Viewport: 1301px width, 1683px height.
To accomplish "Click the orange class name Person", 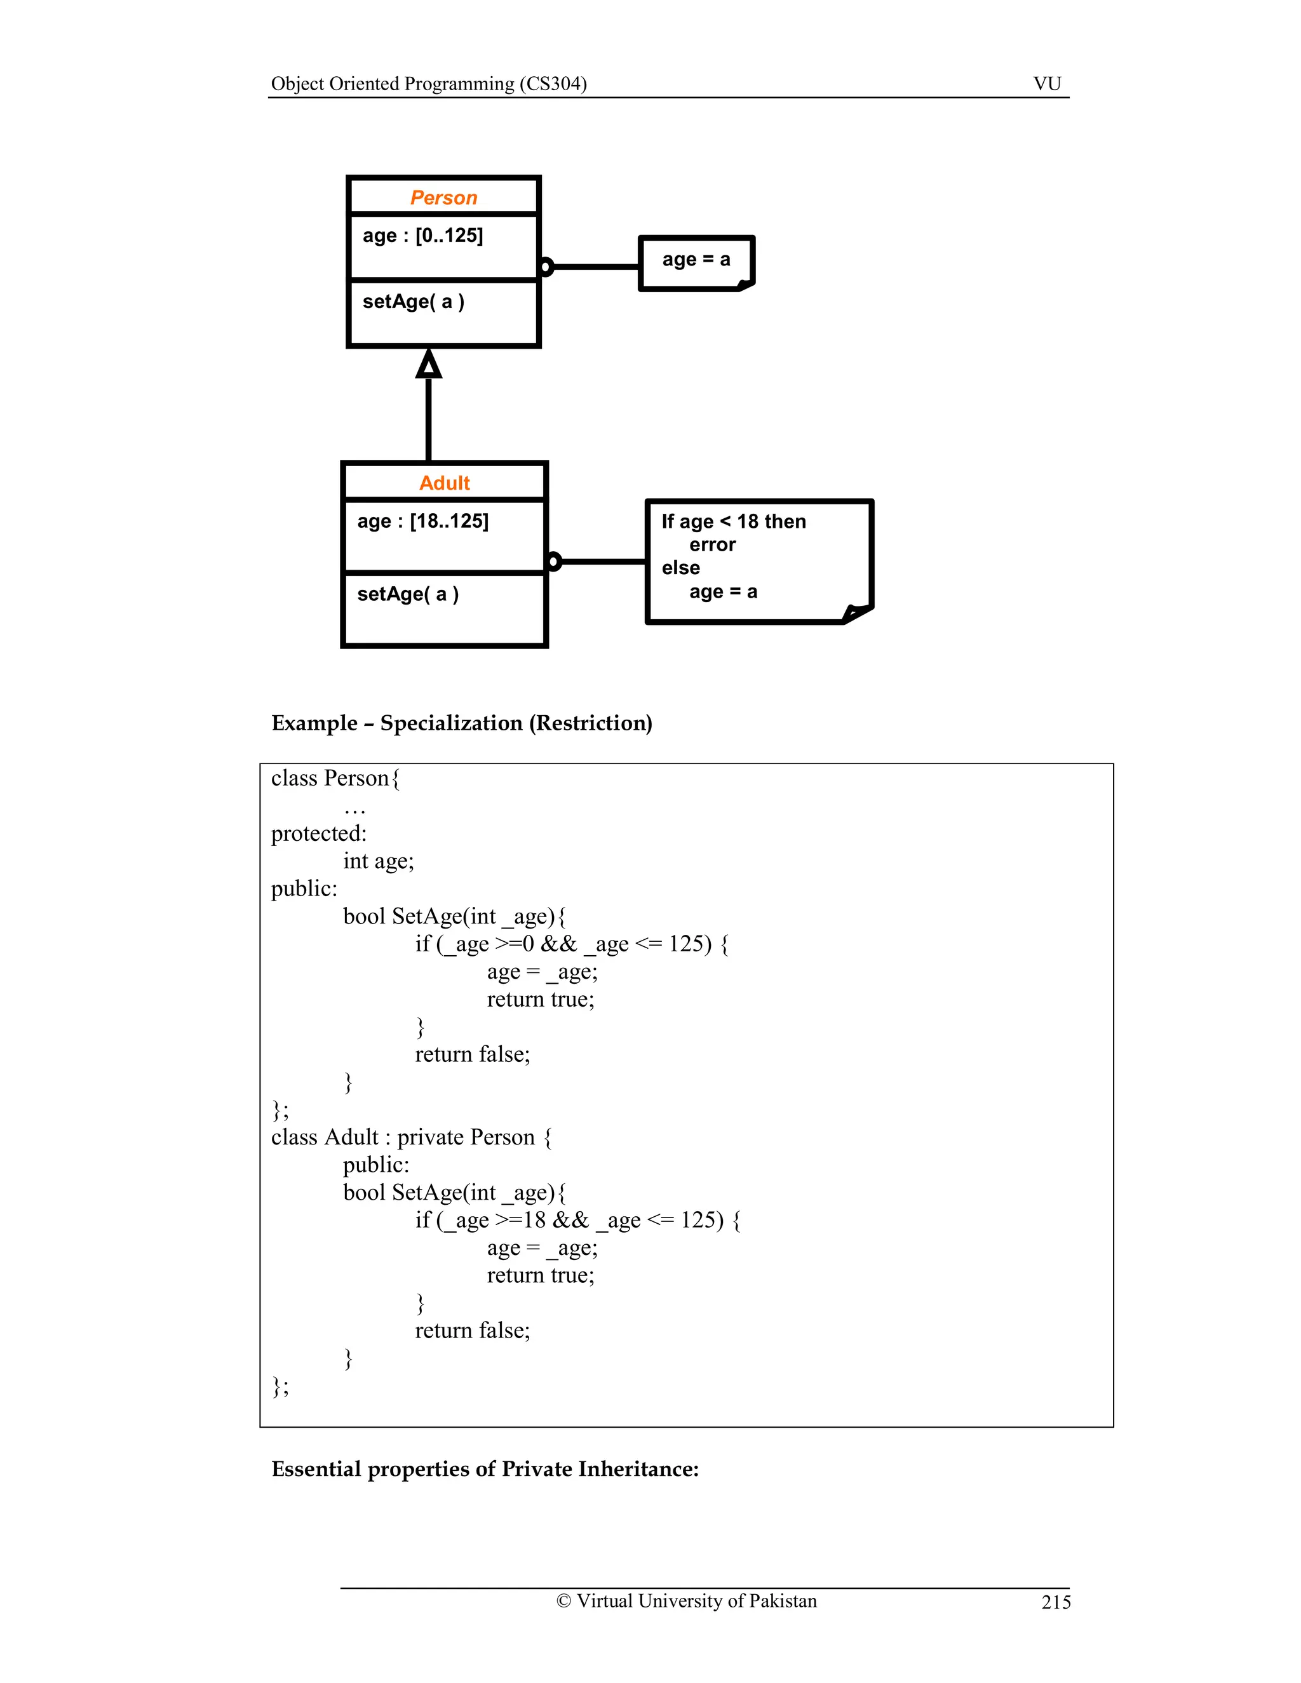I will click(x=443, y=198).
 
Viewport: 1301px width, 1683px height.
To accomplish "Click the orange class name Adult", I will click(x=444, y=483).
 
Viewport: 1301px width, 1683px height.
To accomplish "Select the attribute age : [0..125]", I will click(x=422, y=236).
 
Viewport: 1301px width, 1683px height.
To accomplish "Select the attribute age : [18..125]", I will click(x=422, y=521).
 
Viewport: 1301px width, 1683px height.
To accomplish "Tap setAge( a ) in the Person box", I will click(x=413, y=302).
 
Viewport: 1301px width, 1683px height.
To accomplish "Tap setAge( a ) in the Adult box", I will click(x=408, y=594).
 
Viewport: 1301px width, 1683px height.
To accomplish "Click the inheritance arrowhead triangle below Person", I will click(x=429, y=364).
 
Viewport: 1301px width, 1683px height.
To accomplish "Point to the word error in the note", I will click(x=712, y=545).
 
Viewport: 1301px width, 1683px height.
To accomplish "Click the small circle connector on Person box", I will click(x=546, y=267).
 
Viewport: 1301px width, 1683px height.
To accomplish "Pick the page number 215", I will click(x=1055, y=1602).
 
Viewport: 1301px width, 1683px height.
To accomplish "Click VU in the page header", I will click(x=1047, y=83).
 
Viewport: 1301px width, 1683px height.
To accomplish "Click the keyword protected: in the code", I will click(x=318, y=833).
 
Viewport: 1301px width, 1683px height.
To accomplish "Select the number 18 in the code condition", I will click(x=534, y=1220).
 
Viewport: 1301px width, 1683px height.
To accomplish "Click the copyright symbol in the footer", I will click(x=563, y=1601).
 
